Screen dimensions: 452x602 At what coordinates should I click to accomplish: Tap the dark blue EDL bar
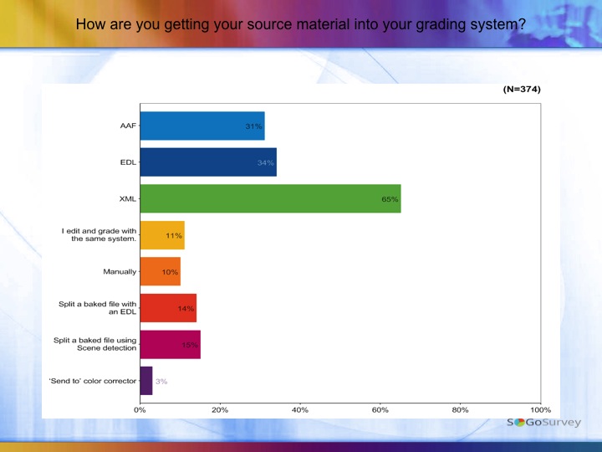[208, 162]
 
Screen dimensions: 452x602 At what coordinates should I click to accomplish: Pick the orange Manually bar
[160, 271]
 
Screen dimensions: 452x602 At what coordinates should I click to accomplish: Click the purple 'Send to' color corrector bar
[146, 381]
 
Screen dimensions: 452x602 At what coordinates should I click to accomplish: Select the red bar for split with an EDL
[168, 308]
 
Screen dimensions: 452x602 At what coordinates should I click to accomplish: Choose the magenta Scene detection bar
[170, 344]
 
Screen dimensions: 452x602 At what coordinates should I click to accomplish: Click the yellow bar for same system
[162, 235]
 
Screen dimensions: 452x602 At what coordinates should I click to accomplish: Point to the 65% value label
[390, 199]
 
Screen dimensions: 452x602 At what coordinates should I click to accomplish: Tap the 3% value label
[161, 382]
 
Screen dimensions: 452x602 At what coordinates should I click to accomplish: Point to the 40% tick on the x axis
[300, 410]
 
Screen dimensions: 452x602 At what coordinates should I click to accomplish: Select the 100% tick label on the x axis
[540, 410]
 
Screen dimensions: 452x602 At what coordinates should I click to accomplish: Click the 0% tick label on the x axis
[140, 410]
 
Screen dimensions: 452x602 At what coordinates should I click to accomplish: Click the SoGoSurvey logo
[543, 423]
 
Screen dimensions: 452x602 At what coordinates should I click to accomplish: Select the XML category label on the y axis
[128, 199]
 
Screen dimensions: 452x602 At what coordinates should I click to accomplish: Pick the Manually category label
[120, 271]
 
